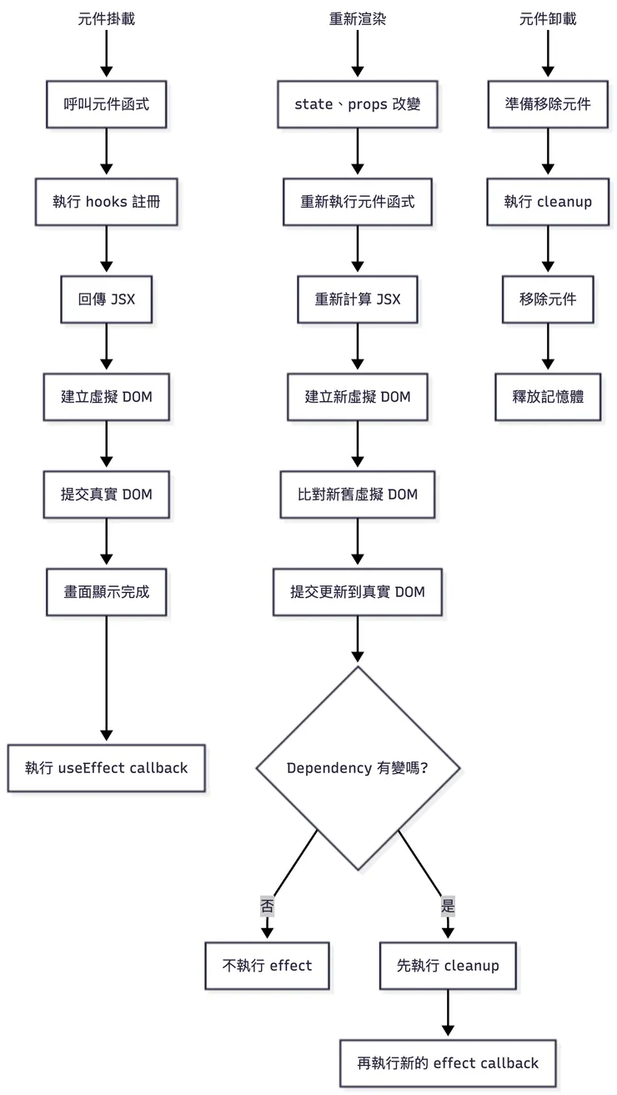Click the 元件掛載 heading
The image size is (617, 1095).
[106, 19]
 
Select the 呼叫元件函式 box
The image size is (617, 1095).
[106, 104]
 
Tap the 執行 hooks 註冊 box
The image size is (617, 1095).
[106, 202]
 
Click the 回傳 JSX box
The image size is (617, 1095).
[106, 299]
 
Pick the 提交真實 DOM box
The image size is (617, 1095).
[106, 494]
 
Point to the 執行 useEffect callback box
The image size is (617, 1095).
[106, 767]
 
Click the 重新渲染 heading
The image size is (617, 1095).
[358, 19]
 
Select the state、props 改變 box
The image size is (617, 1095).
[358, 104]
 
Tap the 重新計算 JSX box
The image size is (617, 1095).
[358, 299]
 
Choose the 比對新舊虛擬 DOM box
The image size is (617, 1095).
[358, 494]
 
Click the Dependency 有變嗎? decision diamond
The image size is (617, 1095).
[358, 767]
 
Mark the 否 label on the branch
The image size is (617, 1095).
[267, 907]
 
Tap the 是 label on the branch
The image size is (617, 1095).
[448, 907]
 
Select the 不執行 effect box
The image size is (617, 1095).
[267, 966]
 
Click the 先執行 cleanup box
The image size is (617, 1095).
[448, 966]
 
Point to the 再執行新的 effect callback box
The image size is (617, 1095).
[448, 1062]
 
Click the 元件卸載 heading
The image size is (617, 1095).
[548, 19]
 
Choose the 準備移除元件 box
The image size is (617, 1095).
[548, 104]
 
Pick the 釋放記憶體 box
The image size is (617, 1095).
[548, 396]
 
